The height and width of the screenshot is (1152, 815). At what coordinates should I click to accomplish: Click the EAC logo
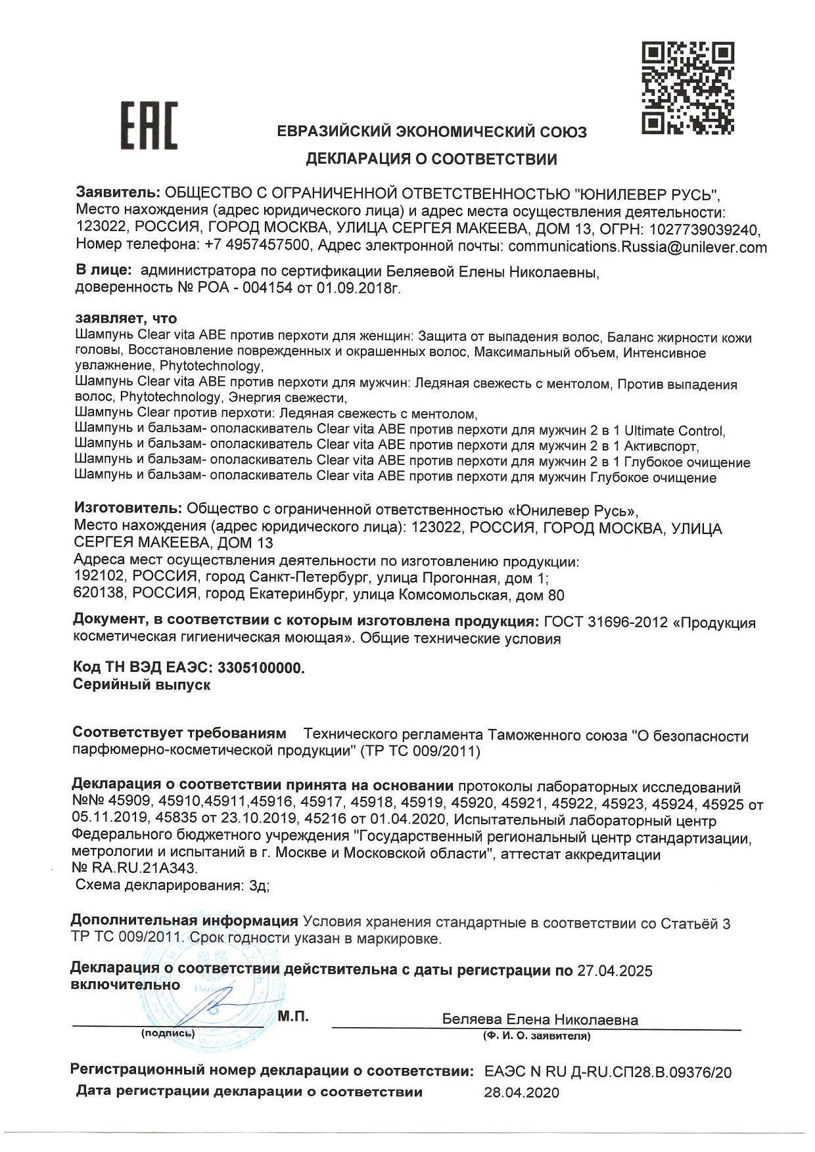[x=149, y=125]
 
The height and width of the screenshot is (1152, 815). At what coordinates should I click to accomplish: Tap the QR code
[x=687, y=88]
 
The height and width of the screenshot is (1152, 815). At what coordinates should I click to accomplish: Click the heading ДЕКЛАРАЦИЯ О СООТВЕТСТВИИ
[x=431, y=159]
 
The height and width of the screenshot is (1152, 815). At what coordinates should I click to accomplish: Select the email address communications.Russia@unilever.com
[x=637, y=247]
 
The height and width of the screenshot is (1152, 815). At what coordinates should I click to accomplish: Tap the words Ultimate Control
[x=674, y=431]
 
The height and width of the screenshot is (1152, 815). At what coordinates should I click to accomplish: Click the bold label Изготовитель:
[x=128, y=509]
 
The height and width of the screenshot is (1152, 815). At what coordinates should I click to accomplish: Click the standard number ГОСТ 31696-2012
[x=605, y=622]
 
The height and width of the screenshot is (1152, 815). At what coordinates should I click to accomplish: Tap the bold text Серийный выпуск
[x=141, y=684]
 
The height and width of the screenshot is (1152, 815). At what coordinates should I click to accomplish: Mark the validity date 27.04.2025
[x=615, y=971]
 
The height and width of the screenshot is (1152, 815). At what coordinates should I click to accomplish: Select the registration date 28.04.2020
[x=521, y=1092]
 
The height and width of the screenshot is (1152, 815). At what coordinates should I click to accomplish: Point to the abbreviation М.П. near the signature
[x=293, y=1017]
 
